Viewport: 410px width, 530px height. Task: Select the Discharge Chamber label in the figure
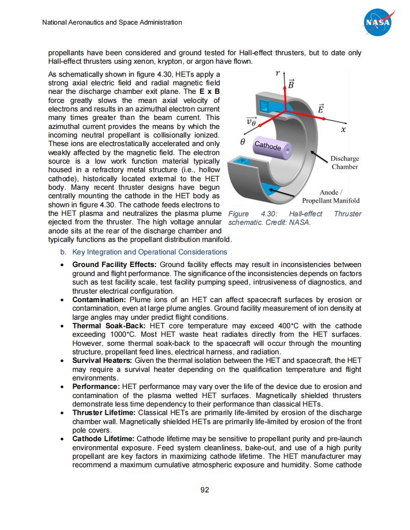[345, 163]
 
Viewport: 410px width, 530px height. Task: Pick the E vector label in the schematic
[322, 108]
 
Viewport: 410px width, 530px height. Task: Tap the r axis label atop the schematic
[278, 73]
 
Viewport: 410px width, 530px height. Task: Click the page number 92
[204, 490]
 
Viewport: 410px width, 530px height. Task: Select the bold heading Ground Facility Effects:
[115, 264]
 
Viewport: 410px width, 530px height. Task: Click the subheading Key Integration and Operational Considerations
[150, 252]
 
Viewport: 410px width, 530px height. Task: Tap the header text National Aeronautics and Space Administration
[112, 23]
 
